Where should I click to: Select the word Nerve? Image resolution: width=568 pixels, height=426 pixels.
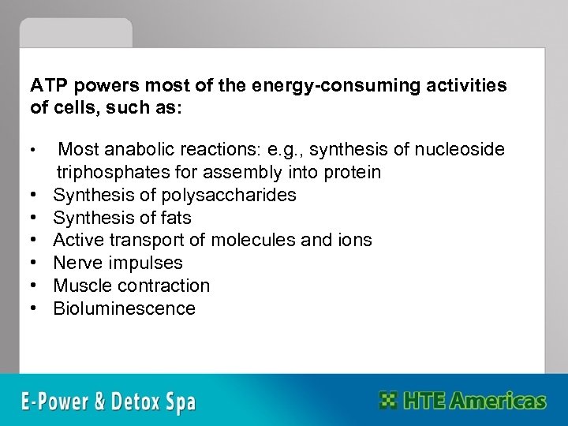[76, 263]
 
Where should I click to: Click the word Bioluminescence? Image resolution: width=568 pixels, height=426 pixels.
[125, 308]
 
